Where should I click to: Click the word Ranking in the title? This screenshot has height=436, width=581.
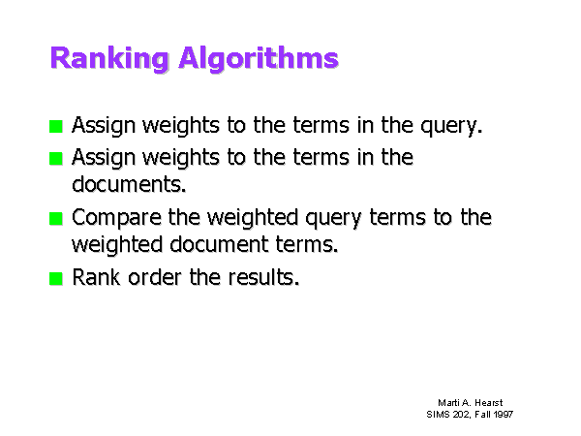109,58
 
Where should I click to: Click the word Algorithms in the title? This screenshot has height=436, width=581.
259,58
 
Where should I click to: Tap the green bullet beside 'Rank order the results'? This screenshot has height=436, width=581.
56,278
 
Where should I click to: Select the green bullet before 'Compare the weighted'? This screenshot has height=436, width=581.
56,218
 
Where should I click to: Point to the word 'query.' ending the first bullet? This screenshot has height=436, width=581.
451,126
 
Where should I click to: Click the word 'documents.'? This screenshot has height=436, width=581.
129,184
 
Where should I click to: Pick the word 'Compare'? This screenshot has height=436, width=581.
117,218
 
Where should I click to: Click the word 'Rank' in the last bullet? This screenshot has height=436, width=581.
96,277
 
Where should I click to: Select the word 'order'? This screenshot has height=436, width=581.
155,277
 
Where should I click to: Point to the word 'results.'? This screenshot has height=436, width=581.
263,277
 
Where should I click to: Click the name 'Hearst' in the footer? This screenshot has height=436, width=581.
489,403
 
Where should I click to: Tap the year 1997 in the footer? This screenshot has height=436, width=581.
503,414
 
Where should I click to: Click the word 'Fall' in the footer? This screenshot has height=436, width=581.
482,414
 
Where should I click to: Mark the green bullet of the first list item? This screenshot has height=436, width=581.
56,126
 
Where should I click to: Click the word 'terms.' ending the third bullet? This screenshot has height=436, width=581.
307,244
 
